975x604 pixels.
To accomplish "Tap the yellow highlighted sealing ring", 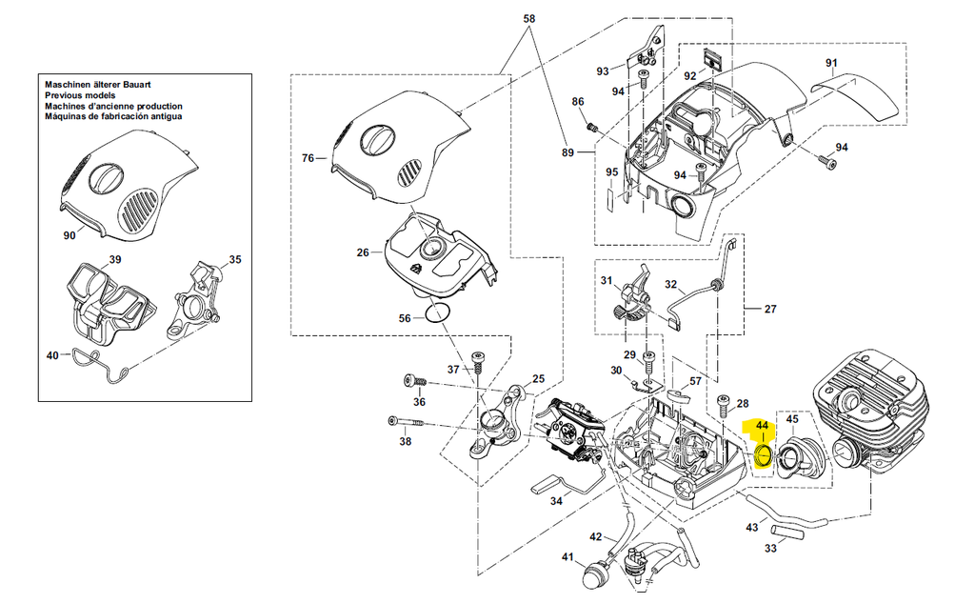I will click(762, 453).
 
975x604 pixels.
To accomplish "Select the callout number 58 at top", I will click(530, 19).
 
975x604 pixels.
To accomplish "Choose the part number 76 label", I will click(308, 158).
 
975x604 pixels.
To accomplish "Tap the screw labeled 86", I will click(590, 125).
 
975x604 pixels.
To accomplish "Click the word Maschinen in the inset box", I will click(70, 86).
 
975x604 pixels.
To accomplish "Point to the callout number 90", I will click(69, 235).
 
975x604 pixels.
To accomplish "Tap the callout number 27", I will click(769, 309).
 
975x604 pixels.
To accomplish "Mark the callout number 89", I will click(568, 152).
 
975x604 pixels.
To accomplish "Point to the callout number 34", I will click(556, 500).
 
